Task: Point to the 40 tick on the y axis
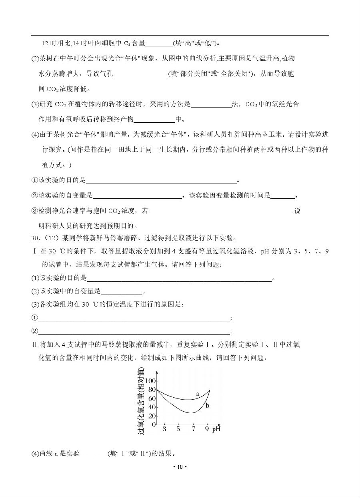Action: [152, 407]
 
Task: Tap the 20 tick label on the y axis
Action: [152, 416]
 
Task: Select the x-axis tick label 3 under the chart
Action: [164, 429]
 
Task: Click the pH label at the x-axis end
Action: [217, 429]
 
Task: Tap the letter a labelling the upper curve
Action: [198, 394]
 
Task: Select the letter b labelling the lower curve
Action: [208, 406]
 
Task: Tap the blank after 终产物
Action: [154, 119]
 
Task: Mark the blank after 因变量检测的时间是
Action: [282, 195]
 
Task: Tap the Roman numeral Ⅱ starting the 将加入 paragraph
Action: [34, 345]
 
